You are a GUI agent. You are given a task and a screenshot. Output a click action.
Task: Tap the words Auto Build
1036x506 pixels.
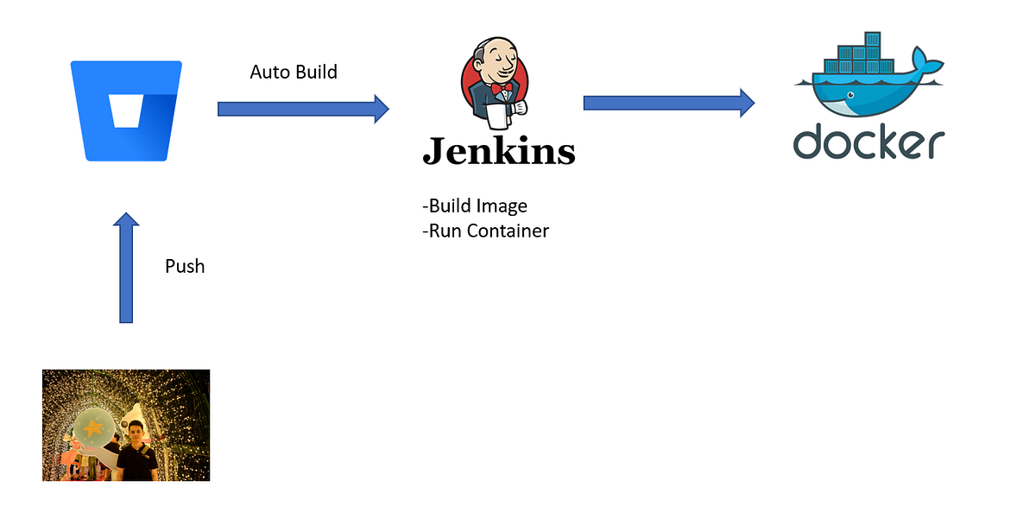[x=294, y=72]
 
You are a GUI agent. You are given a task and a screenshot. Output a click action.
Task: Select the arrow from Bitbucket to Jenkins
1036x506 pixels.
[x=303, y=109]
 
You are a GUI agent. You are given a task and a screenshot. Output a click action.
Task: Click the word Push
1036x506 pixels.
[x=185, y=266]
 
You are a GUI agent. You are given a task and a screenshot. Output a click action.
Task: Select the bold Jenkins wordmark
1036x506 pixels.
[x=498, y=152]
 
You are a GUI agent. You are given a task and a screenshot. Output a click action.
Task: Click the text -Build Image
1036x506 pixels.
[x=474, y=206]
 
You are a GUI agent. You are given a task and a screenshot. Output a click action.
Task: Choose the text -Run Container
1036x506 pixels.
[x=485, y=231]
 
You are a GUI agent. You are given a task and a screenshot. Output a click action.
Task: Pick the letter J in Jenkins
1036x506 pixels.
[x=434, y=150]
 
